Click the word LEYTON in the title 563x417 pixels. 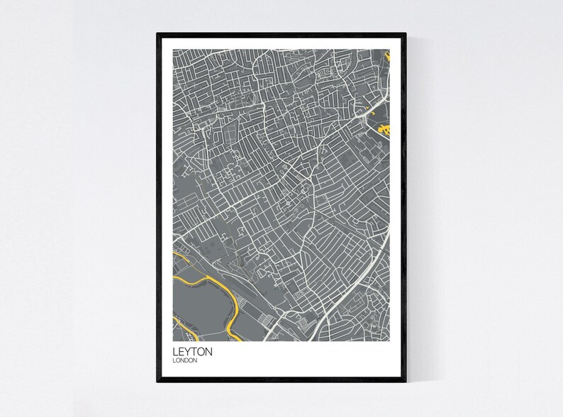191,350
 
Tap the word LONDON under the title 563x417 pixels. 185,361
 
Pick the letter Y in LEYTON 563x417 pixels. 188,350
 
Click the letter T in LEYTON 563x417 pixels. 194,350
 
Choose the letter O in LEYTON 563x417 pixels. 201,350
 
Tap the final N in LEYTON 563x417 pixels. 209,350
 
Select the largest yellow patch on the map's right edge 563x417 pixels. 385,129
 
